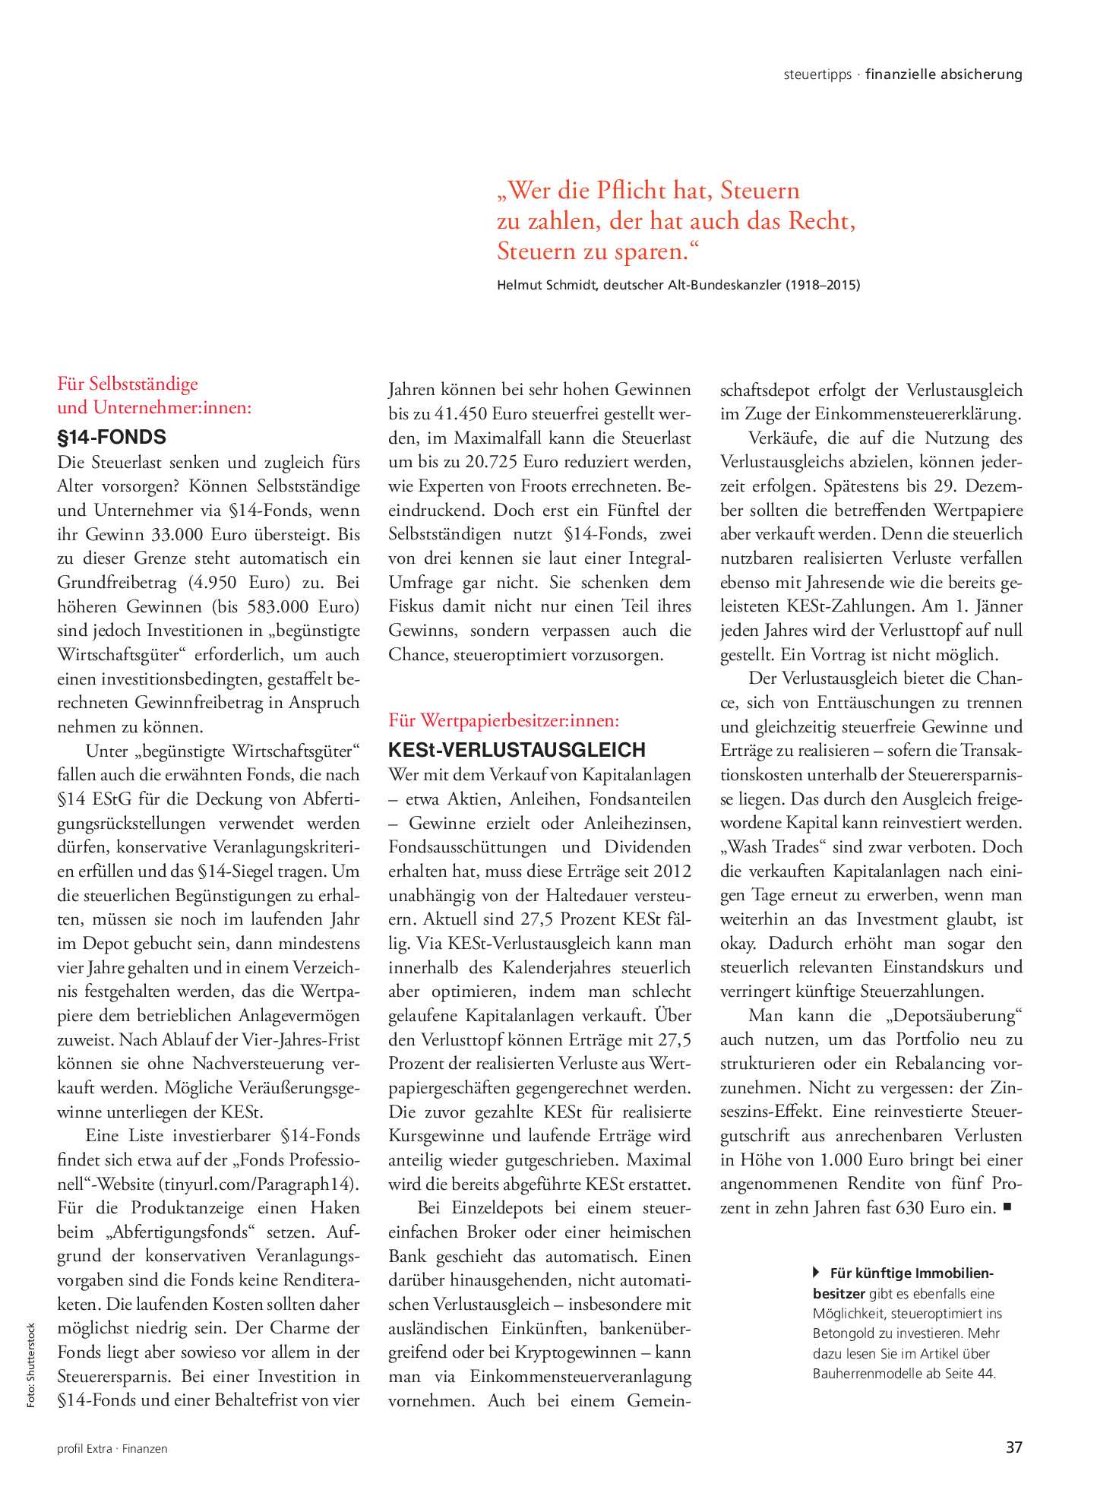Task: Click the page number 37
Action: (x=1013, y=1447)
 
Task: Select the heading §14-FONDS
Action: (x=111, y=437)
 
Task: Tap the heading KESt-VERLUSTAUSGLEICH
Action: (x=517, y=750)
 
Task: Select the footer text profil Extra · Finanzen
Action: (x=112, y=1449)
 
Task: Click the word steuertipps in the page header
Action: (x=817, y=74)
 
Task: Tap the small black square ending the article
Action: (x=1007, y=1206)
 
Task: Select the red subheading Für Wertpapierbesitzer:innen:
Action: (x=504, y=720)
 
